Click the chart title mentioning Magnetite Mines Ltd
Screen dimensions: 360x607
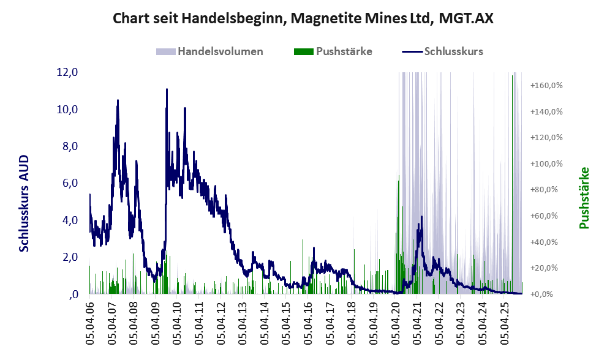(303, 19)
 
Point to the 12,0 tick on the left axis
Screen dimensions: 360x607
(67, 72)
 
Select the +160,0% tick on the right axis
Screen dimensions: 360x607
(547, 86)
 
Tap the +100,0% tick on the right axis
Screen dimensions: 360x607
(547, 164)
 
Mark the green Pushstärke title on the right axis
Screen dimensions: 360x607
(584, 198)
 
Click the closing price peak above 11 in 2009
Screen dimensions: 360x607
(167, 90)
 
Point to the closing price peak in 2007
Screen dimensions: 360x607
(118, 100)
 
